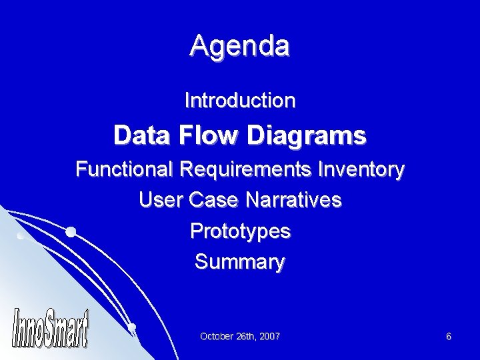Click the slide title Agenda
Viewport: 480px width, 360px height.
pyautogui.click(x=239, y=46)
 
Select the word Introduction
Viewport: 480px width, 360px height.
pyautogui.click(x=240, y=101)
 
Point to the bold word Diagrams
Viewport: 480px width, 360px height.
pyautogui.click(x=309, y=137)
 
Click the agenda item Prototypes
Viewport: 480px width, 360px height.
pyautogui.click(x=240, y=231)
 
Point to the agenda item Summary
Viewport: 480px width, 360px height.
pyautogui.click(x=240, y=262)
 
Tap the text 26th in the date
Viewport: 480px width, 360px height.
pyautogui.click(x=244, y=337)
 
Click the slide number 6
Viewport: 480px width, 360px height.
pyautogui.click(x=449, y=337)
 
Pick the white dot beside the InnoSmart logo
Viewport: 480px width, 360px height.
pyautogui.click(x=132, y=327)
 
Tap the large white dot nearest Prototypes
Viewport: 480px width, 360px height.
pyautogui.click(x=70, y=232)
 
